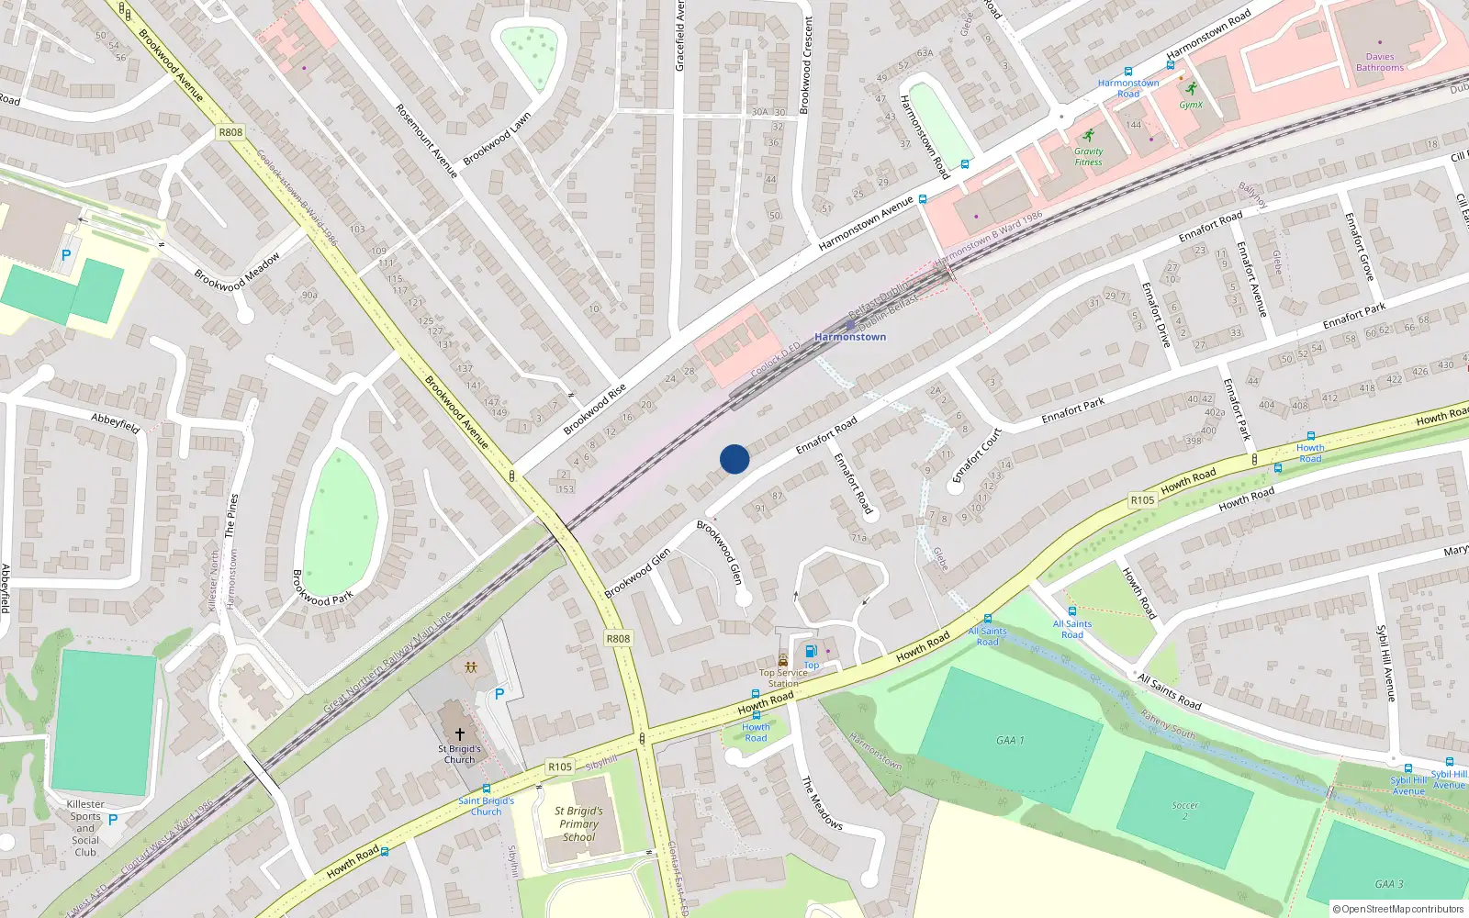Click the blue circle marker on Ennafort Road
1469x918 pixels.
pos(734,459)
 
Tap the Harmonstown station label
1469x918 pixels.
pos(850,337)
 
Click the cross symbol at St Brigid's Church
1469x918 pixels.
pos(460,734)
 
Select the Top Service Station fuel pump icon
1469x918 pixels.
pos(811,652)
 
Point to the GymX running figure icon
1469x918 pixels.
pos(1191,90)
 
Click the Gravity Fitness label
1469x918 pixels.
pos(1088,157)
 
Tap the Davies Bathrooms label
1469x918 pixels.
pos(1379,62)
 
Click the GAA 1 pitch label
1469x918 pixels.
pos(1010,740)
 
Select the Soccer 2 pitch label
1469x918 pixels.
pos(1184,811)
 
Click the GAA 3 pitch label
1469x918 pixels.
pos(1388,884)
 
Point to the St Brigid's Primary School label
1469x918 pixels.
pos(578,824)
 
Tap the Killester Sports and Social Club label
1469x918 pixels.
pos(85,828)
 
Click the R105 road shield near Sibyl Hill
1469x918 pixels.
pos(559,767)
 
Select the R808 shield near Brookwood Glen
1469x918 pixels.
pos(618,639)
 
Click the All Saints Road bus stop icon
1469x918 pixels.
pos(1071,611)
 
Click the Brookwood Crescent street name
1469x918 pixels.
pos(806,64)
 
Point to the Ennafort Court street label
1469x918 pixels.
pos(977,455)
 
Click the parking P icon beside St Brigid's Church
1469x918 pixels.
pos(499,694)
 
